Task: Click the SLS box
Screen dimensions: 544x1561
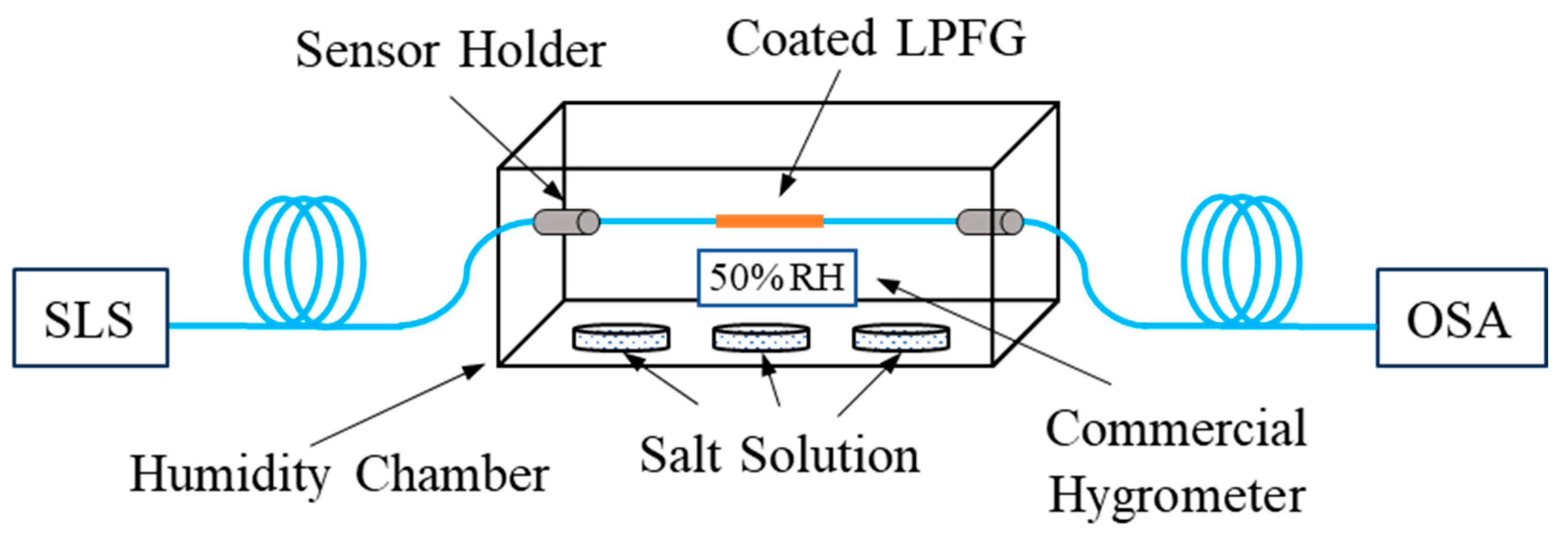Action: coord(90,318)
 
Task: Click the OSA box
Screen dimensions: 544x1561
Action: coord(1461,318)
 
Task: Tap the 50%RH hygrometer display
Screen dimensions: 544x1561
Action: coord(777,278)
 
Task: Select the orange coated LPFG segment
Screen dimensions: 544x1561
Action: coord(770,221)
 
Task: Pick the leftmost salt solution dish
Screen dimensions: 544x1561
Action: coord(621,338)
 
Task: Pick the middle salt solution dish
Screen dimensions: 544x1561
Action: coord(761,338)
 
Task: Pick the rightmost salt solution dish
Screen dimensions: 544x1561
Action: coord(901,338)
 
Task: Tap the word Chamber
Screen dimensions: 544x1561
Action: coord(452,475)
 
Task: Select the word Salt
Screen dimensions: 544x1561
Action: coord(681,456)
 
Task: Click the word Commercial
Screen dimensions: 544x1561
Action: coord(1176,428)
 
